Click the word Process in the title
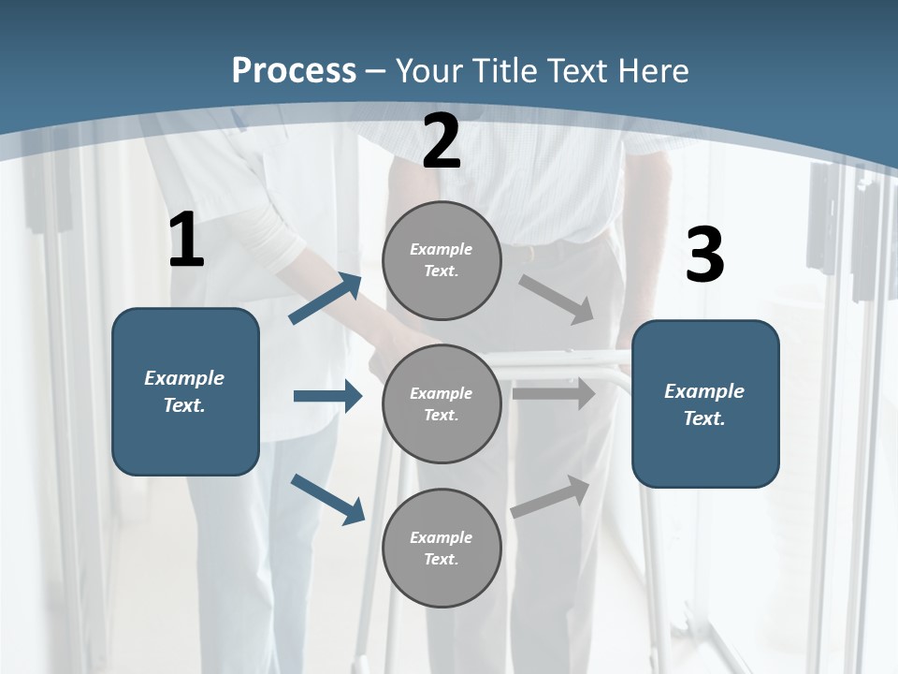pos(294,71)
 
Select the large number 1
pos(186,241)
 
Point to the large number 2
pos(442,141)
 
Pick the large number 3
pos(704,255)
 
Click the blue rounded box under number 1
pos(185,391)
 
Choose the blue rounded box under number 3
pos(705,403)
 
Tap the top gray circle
pos(442,260)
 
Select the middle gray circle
pos(442,403)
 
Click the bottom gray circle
pos(442,548)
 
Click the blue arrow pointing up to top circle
pos(326,298)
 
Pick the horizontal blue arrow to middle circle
pos(327,396)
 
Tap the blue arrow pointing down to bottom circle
pos(327,499)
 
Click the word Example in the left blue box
pos(184,378)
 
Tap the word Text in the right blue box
pos(702,418)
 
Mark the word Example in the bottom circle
pos(441,537)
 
